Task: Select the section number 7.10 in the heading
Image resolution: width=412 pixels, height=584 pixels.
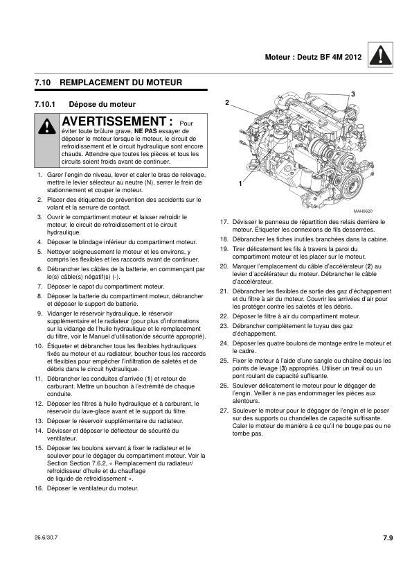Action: point(44,83)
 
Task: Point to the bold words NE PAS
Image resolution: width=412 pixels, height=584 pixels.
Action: point(146,130)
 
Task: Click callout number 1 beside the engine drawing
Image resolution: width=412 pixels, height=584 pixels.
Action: point(240,183)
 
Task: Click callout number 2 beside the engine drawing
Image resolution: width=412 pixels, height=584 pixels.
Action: point(226,103)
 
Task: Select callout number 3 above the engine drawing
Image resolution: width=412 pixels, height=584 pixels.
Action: point(352,94)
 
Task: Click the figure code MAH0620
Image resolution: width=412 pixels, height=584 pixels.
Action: point(362,211)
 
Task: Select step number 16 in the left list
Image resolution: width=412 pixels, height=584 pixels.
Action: point(39,488)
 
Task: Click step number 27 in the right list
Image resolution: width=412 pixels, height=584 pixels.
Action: point(224,411)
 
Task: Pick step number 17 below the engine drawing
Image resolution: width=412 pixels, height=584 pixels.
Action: point(224,222)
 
